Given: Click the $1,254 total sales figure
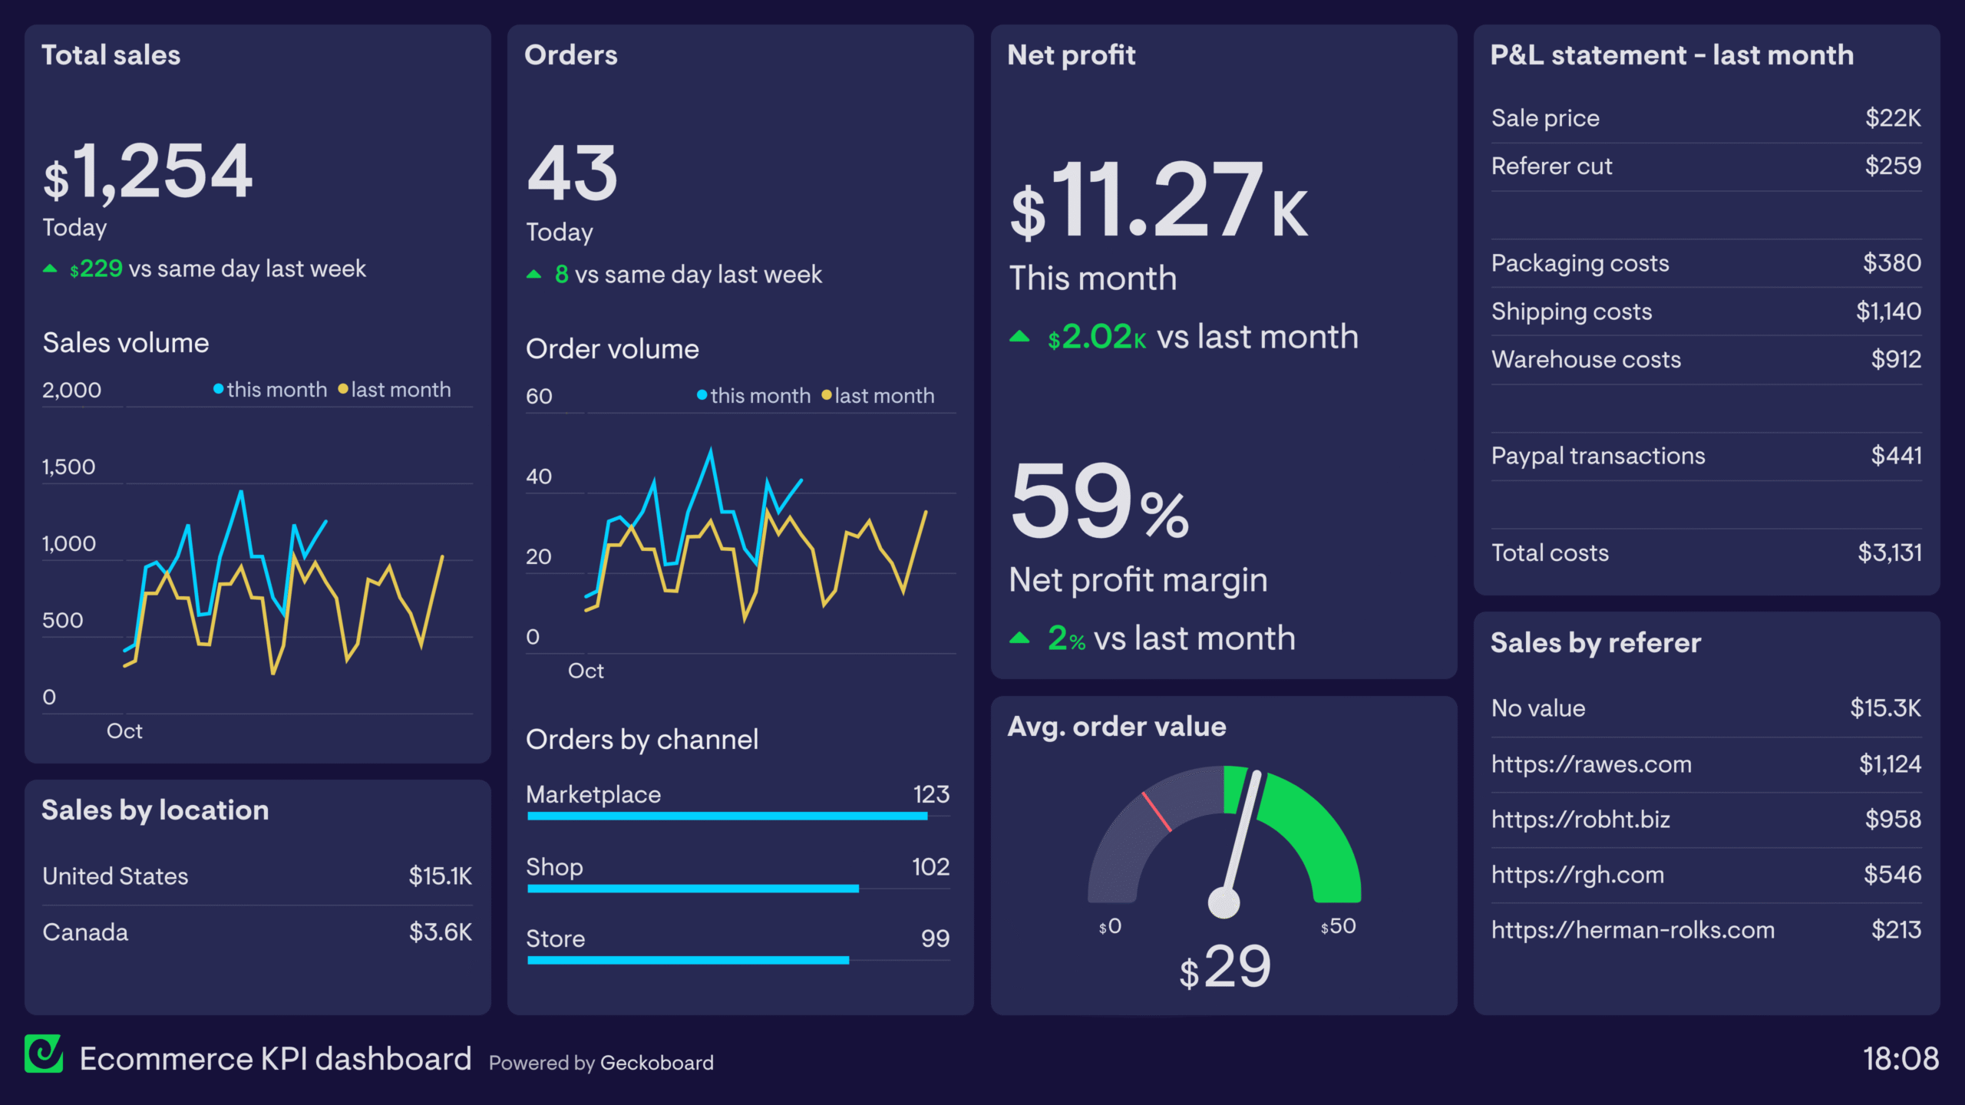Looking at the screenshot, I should tap(148, 173).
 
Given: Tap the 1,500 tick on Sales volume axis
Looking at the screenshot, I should tap(69, 467).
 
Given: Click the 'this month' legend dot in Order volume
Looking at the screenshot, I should tap(702, 395).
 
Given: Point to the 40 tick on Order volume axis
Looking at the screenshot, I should tap(539, 477).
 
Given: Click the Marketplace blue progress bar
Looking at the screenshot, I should tap(727, 816).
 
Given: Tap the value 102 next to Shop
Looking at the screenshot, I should tap(930, 867).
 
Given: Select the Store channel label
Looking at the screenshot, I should tap(556, 938).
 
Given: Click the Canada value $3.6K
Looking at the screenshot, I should tap(440, 932).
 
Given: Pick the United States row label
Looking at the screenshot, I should tap(115, 876).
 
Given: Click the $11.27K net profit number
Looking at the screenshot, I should tap(1159, 201).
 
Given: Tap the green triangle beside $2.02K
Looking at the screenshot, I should tap(1019, 337).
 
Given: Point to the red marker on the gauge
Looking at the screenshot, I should tap(1156, 812).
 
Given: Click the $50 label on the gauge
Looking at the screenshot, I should tap(1338, 926).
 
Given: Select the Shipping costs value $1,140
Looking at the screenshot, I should tap(1888, 312).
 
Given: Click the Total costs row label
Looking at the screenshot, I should tap(1550, 553).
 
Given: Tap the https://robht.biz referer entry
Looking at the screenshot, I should tap(1580, 820).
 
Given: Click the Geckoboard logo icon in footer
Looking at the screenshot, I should tap(44, 1054).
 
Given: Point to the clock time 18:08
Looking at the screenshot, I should tap(1901, 1059).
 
